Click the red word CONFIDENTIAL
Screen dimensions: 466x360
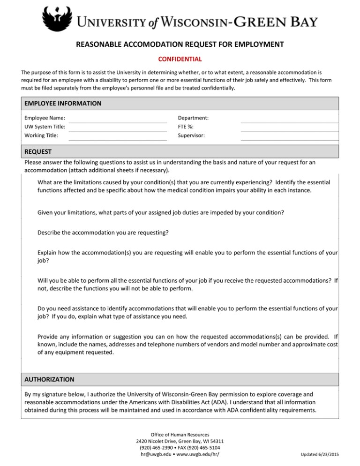[180, 59]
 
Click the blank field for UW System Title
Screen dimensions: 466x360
[118, 127]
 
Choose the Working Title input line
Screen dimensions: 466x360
[118, 136]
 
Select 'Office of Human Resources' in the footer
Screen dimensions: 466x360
[180, 435]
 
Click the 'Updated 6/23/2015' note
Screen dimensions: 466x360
[324, 455]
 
